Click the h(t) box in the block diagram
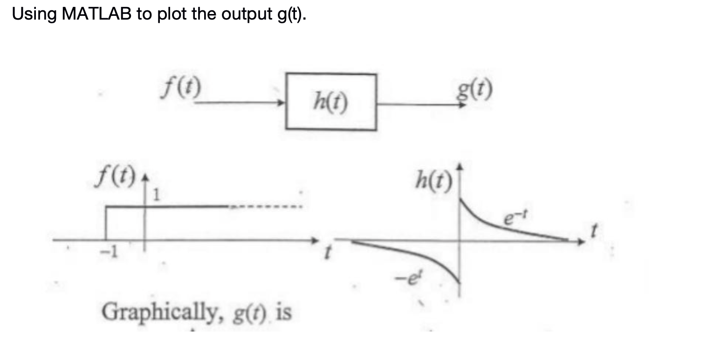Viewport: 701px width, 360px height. (331, 102)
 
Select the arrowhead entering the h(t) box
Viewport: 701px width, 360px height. (282, 104)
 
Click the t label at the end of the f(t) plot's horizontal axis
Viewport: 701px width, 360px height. (327, 255)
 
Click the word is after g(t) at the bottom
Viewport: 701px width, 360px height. (283, 311)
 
